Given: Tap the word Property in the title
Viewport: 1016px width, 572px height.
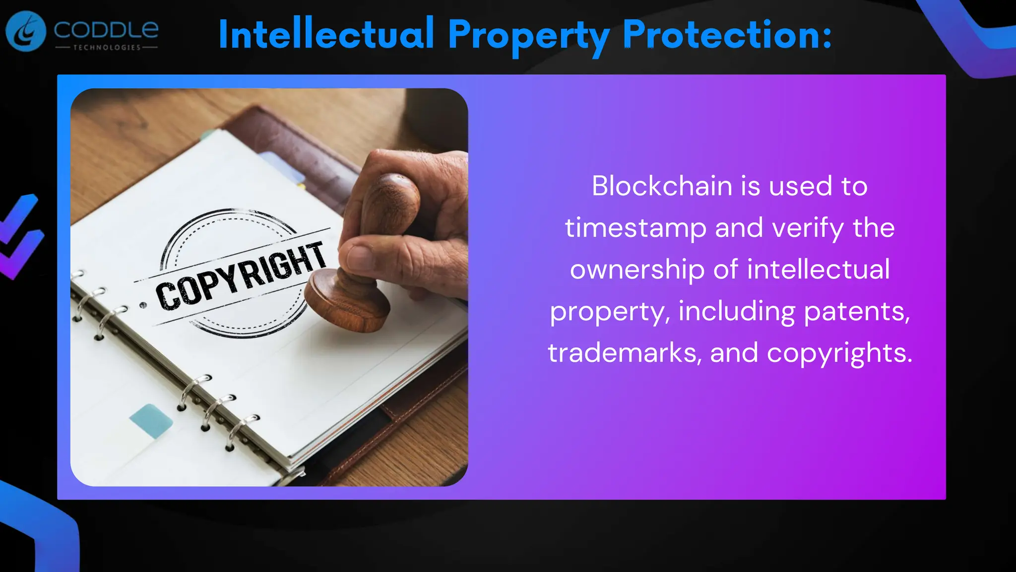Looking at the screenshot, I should coord(528,36).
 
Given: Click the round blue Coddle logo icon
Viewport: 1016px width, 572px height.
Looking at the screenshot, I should coord(26,31).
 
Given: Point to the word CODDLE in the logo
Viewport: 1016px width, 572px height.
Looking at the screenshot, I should coord(106,30).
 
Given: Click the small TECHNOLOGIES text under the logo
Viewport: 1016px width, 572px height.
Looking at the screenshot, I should coord(107,48).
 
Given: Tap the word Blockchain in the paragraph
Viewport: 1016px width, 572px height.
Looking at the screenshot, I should coord(662,186).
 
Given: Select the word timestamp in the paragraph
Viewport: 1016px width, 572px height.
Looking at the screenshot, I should coord(635,228).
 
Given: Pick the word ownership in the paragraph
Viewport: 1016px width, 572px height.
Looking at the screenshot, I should coord(637,270).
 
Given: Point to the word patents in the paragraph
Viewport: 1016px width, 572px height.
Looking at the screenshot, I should coord(857,311).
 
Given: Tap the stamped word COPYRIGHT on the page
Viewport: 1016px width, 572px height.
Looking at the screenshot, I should coord(241,276).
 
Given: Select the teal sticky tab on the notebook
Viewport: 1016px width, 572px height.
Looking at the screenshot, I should coord(151,420).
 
